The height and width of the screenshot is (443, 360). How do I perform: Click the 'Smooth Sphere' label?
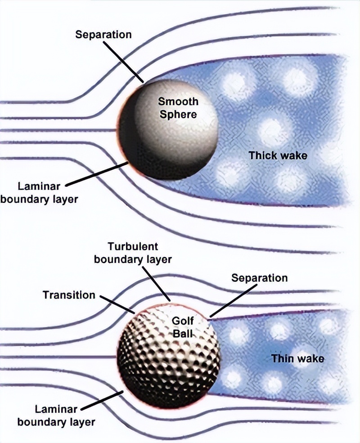click(x=177, y=108)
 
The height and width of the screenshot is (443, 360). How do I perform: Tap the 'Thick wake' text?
click(x=278, y=155)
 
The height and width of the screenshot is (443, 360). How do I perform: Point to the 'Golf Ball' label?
click(x=182, y=327)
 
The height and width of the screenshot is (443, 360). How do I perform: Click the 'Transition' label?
click(x=69, y=295)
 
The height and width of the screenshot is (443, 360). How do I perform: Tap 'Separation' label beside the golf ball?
click(x=259, y=277)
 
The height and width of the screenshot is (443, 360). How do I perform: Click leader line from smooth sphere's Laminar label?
click(x=97, y=174)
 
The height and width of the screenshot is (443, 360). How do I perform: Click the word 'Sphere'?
click(x=178, y=114)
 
